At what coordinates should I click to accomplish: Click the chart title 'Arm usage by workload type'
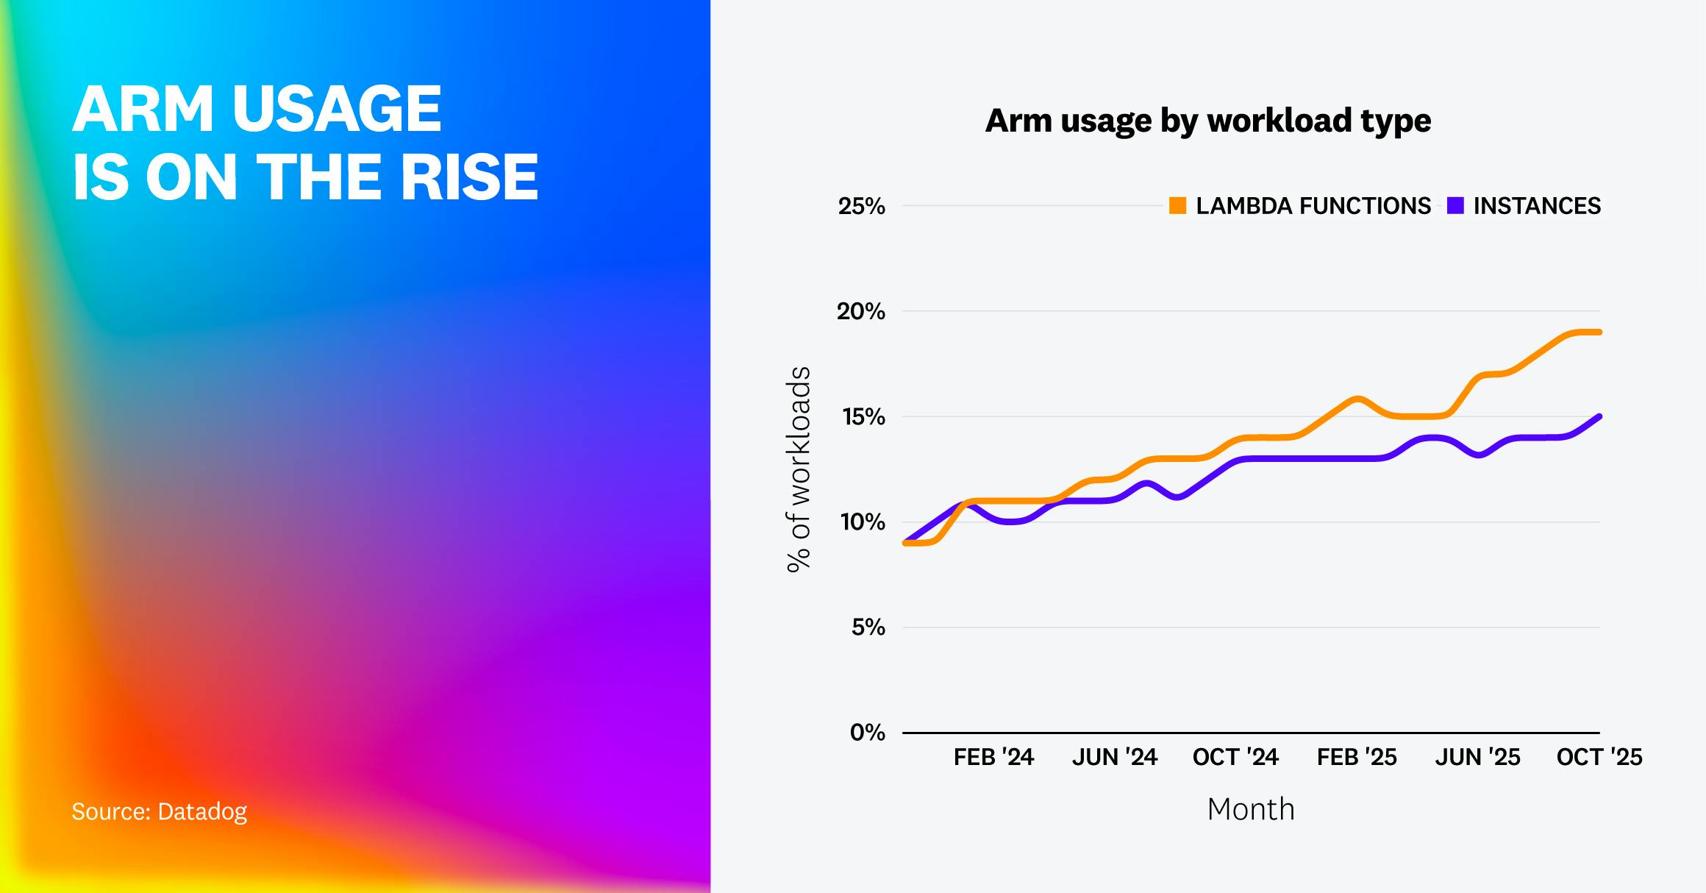coord(1207,121)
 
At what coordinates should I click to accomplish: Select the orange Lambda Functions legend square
coord(1177,206)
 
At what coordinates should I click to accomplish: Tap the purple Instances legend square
coord(1455,206)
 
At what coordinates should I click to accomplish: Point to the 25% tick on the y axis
coord(861,207)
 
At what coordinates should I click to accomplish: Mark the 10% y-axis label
coord(863,522)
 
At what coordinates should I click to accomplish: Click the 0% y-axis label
coord(867,733)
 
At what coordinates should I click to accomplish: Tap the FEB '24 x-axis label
coord(993,758)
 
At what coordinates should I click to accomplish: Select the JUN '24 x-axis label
coord(1114,758)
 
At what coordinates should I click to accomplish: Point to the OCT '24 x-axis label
coord(1235,758)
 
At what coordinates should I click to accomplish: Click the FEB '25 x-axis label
coord(1357,758)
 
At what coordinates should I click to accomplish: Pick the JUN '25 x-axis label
coord(1477,758)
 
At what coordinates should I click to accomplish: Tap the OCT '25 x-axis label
coord(1599,758)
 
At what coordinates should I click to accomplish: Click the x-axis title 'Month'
coord(1250,809)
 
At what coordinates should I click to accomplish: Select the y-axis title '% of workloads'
coord(799,469)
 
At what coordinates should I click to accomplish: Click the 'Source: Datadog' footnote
coord(159,811)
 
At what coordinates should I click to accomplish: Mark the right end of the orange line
coord(1599,332)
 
